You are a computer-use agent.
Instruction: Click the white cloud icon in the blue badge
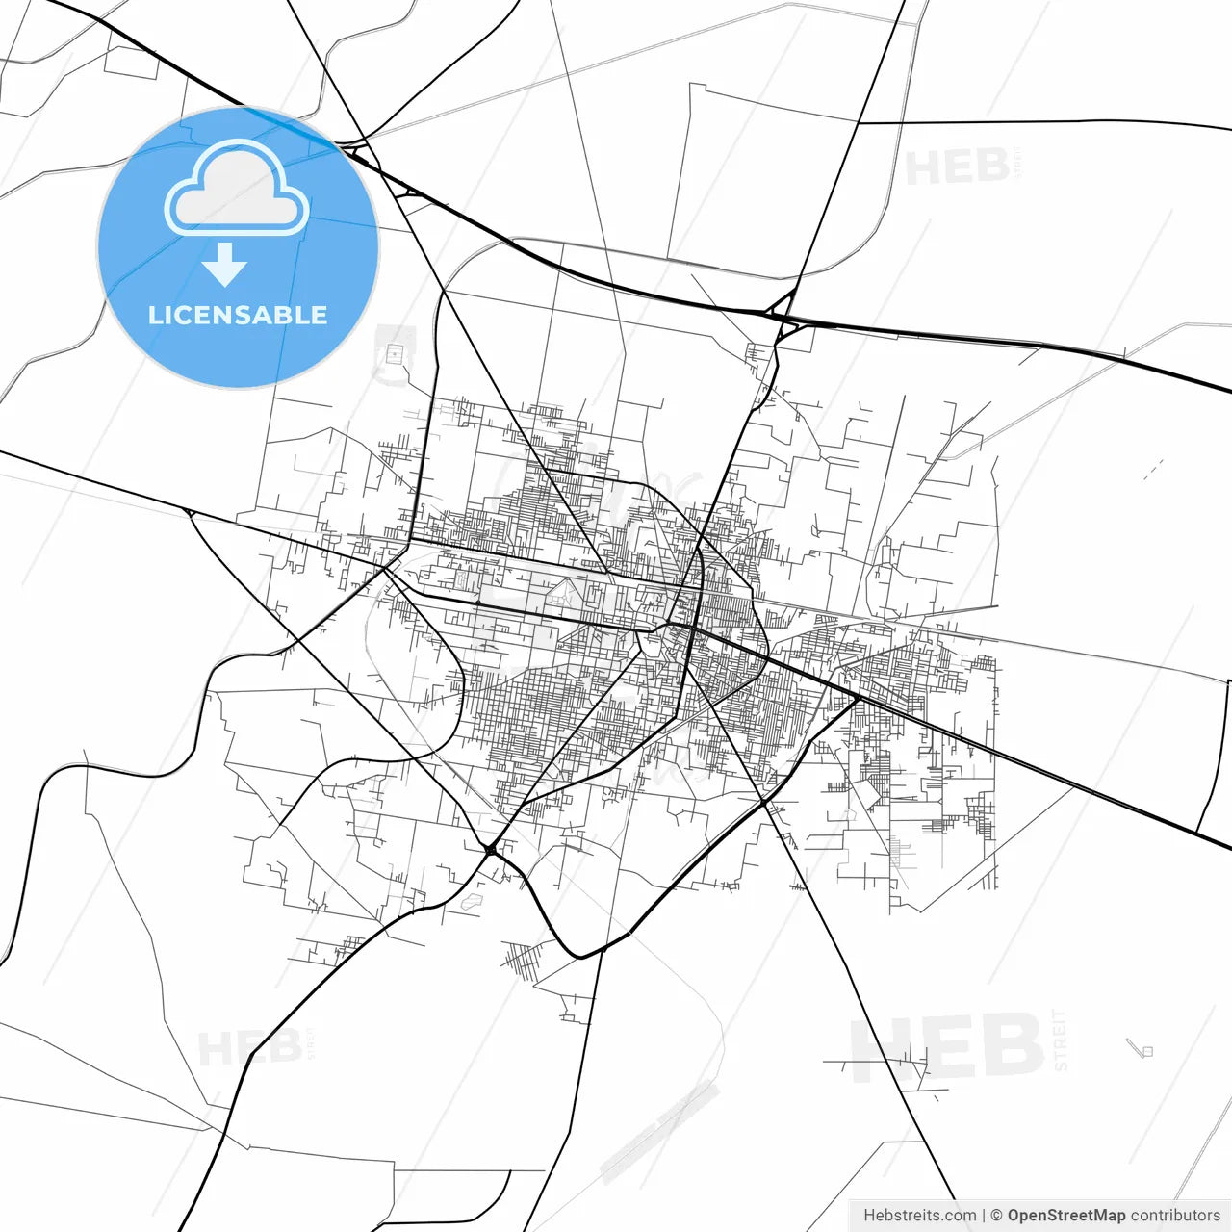point(237,189)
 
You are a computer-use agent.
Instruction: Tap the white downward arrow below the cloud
point(225,265)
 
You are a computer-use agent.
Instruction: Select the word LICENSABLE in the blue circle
point(238,315)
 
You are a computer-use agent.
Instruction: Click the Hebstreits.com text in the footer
point(919,1216)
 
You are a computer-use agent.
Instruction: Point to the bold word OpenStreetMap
point(1065,1216)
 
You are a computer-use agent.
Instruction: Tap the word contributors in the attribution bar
point(1174,1216)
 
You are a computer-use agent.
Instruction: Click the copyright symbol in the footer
point(996,1216)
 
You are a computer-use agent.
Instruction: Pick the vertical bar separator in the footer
point(983,1216)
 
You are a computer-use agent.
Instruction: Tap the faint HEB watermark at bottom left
point(249,1047)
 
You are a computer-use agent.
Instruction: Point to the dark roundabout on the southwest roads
point(491,849)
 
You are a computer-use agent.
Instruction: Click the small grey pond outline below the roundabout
point(472,902)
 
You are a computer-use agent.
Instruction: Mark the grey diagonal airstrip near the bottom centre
point(660,1132)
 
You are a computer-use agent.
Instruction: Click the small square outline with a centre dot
point(393,354)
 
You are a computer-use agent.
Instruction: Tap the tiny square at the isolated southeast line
point(1146,1051)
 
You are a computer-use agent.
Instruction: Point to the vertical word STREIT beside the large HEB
point(1061,1039)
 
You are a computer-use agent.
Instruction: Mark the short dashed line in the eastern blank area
point(1153,469)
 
